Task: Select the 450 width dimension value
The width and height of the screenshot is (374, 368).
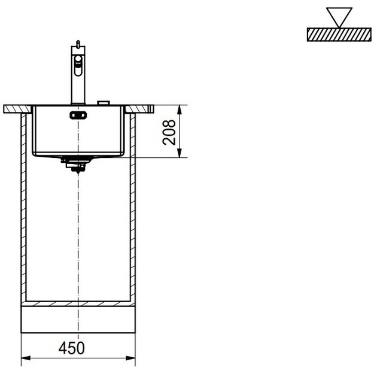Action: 72,347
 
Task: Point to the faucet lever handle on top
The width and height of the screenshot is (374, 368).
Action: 77,45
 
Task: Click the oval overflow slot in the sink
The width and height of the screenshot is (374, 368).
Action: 77,115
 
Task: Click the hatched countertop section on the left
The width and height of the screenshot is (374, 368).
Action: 17,110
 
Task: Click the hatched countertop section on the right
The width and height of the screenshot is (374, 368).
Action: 142,110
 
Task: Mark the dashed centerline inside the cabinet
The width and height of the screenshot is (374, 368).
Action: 78,239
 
